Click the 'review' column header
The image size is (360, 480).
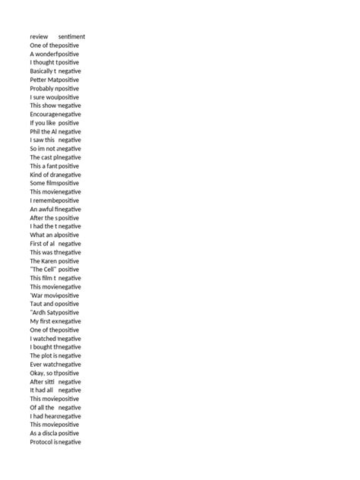tap(39, 36)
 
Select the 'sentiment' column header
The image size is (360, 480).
tap(71, 36)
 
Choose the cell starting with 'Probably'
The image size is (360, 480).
tap(43, 88)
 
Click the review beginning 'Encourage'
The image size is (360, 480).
tap(43, 114)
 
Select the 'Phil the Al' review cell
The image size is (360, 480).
tap(43, 131)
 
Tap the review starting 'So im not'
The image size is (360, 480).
tap(43, 149)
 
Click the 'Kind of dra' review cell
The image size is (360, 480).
tap(43, 175)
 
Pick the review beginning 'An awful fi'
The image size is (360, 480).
tap(43, 209)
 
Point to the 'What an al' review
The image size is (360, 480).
tap(43, 235)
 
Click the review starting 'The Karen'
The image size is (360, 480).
tap(43, 261)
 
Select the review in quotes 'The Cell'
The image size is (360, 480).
tap(43, 270)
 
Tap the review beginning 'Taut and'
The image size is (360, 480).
tap(43, 304)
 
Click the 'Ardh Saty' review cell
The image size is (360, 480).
tap(43, 312)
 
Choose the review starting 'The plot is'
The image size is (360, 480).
tap(43, 355)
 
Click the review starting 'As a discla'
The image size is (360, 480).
tap(43, 433)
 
